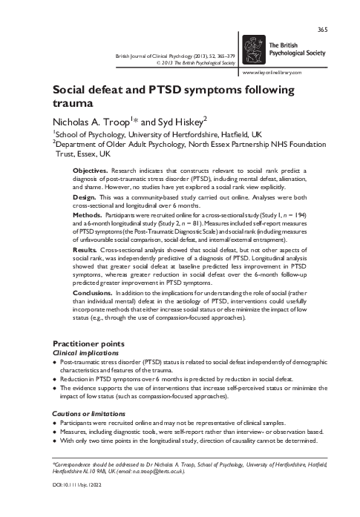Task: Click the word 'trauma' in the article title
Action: click(72, 103)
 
